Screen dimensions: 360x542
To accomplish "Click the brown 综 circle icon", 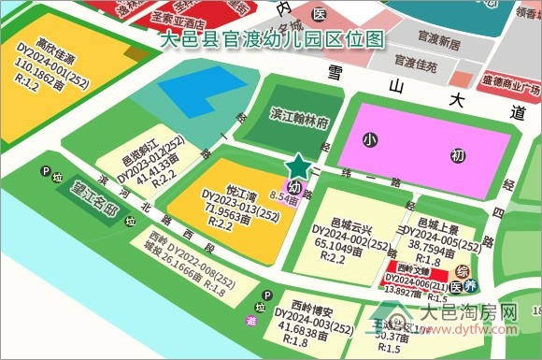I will (x=461, y=270).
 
